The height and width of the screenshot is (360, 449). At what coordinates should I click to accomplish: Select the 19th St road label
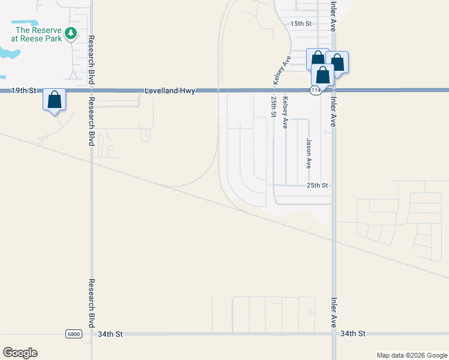pyautogui.click(x=24, y=91)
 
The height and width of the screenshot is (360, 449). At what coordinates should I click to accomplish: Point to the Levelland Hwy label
pyautogui.click(x=170, y=91)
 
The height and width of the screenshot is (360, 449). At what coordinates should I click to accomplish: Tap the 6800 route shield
pyautogui.click(x=73, y=334)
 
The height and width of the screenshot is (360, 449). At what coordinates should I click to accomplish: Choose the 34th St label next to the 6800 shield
pyautogui.click(x=110, y=334)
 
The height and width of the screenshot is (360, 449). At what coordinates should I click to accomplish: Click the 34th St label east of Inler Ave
pyautogui.click(x=352, y=334)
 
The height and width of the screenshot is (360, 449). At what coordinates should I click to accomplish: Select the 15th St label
pyautogui.click(x=301, y=24)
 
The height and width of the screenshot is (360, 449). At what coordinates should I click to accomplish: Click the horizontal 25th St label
pyautogui.click(x=318, y=185)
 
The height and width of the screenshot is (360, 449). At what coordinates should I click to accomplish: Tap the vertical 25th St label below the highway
pyautogui.click(x=274, y=106)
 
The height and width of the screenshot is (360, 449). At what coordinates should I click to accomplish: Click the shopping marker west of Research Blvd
pyautogui.click(x=54, y=101)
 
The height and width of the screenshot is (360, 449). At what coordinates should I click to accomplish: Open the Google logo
pyautogui.click(x=20, y=352)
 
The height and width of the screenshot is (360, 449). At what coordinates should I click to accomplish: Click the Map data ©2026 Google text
pyautogui.click(x=411, y=355)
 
